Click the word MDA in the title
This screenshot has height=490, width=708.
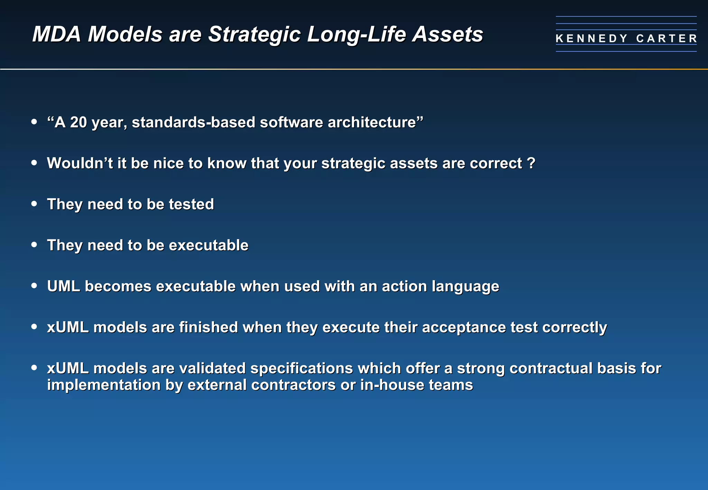point(56,35)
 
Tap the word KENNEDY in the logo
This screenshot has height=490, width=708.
point(591,38)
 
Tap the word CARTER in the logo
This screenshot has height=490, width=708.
point(667,38)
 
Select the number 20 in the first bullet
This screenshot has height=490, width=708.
point(78,122)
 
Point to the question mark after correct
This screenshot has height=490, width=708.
point(532,163)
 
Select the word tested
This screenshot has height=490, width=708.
point(191,204)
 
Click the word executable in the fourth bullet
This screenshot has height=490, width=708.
point(208,245)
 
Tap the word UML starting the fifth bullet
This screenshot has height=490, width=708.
point(64,286)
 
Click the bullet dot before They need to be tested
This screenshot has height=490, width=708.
point(34,204)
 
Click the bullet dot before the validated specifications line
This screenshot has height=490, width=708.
point(34,368)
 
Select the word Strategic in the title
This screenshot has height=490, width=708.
point(254,35)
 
